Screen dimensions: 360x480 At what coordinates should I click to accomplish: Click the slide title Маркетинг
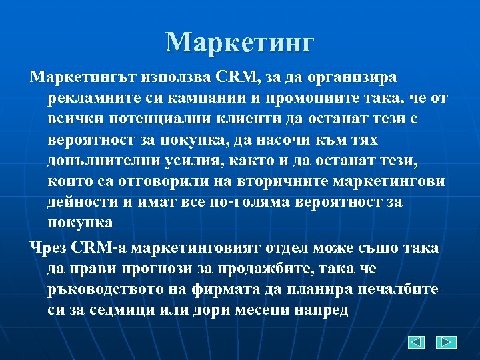click(239, 42)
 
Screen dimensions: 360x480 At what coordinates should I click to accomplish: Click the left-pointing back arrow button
click(416, 342)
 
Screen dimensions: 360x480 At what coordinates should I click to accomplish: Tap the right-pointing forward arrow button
click(446, 342)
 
